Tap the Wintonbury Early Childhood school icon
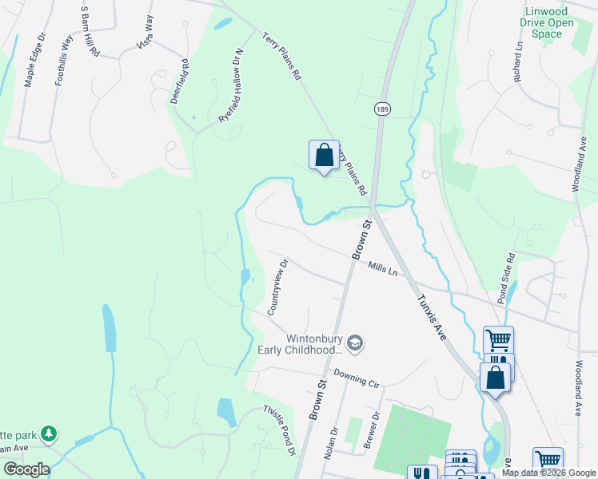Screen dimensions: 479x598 coord(356,344)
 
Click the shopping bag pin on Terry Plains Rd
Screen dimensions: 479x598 coord(324,155)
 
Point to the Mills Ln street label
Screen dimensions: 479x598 coord(383,269)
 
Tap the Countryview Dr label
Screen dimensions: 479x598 coord(277,286)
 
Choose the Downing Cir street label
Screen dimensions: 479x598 coord(357,378)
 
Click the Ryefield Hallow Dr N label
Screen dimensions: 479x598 coord(230,84)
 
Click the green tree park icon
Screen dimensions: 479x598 coord(50,434)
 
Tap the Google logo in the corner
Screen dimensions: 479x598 coord(26,469)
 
